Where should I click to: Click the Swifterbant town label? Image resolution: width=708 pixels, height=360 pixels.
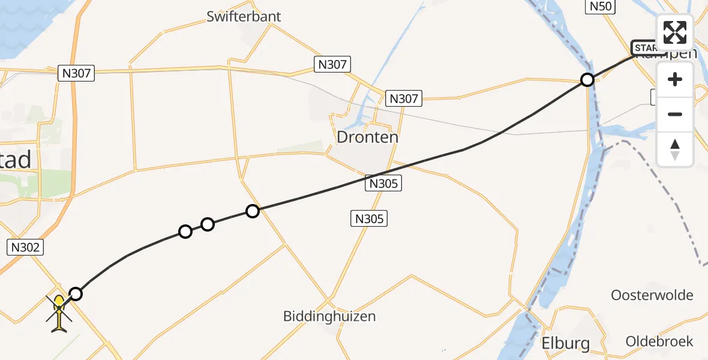pyautogui.click(x=244, y=16)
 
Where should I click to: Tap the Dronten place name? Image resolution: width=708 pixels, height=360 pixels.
pyautogui.click(x=367, y=137)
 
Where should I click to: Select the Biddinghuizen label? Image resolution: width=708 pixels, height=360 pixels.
pyautogui.click(x=329, y=316)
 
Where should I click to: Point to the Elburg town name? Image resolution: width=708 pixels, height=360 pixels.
pyautogui.click(x=566, y=343)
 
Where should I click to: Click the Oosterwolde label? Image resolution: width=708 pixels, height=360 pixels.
pyautogui.click(x=652, y=295)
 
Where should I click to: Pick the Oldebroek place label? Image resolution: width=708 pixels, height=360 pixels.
pyautogui.click(x=659, y=341)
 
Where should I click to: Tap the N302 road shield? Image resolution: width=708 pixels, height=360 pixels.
pyautogui.click(x=25, y=247)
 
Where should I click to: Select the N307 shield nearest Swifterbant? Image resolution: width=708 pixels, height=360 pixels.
pyautogui.click(x=332, y=64)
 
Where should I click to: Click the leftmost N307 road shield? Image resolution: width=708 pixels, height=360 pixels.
pyautogui.click(x=76, y=73)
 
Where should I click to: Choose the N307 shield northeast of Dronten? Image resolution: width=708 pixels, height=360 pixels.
pyautogui.click(x=404, y=98)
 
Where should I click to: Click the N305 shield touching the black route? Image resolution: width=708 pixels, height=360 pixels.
pyautogui.click(x=383, y=184)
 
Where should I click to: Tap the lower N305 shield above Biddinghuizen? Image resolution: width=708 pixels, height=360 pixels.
pyautogui.click(x=369, y=219)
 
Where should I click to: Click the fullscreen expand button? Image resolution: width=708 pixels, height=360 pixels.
pyautogui.click(x=675, y=32)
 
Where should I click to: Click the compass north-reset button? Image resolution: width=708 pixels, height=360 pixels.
pyautogui.click(x=675, y=149)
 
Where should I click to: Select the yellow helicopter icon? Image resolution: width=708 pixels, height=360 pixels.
pyautogui.click(x=59, y=313)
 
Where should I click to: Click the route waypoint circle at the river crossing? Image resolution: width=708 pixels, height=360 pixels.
pyautogui.click(x=587, y=80)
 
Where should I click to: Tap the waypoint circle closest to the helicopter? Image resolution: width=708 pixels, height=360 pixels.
pyautogui.click(x=76, y=293)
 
